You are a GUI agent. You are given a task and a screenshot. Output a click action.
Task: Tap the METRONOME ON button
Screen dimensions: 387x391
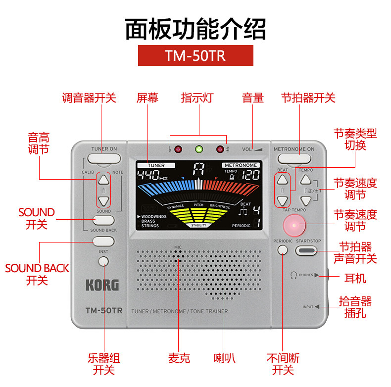pyautogui.click(x=294, y=159)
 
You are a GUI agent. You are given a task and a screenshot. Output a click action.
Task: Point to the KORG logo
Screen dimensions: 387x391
pyautogui.click(x=102, y=285)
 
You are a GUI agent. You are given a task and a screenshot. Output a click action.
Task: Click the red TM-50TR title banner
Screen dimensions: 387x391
pyautogui.click(x=195, y=55)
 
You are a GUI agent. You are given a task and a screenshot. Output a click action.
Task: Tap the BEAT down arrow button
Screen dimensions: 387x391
pyautogui.click(x=282, y=201)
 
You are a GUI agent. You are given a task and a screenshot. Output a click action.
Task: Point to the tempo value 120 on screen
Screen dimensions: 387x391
pyautogui.click(x=250, y=175)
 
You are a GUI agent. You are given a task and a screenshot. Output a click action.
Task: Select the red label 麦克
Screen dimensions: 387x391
pyautogui.click(x=179, y=358)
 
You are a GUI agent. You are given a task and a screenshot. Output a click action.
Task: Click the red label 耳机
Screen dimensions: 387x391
pyautogui.click(x=355, y=278)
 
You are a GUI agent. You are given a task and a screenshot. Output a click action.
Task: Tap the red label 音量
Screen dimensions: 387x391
pyautogui.click(x=253, y=97)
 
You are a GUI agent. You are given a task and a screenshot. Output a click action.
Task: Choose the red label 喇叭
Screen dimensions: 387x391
pyautogui.click(x=223, y=358)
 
